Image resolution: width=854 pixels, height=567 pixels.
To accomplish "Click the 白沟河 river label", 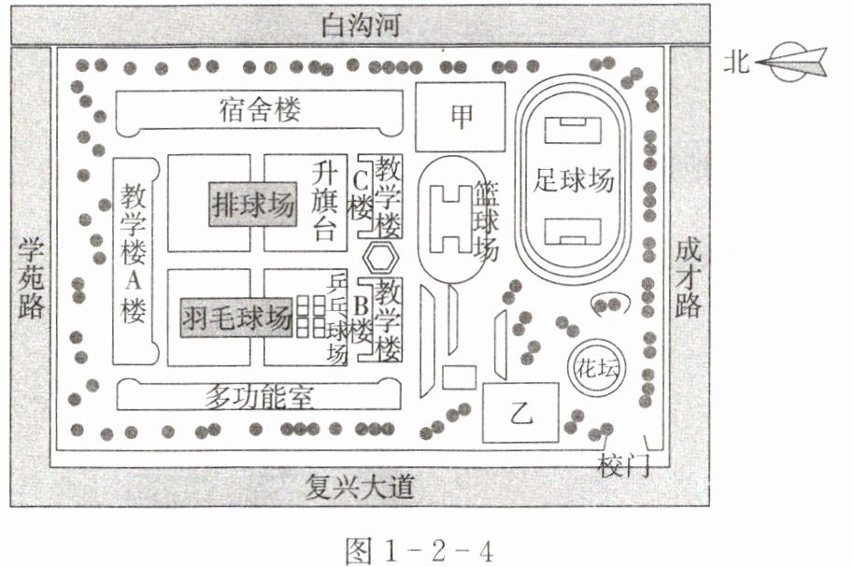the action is click(x=361, y=25).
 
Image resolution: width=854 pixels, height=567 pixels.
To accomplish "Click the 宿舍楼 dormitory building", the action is click(x=262, y=112).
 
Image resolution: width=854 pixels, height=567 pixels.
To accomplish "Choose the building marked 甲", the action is click(x=461, y=116).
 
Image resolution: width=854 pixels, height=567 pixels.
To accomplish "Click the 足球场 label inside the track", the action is click(x=575, y=179).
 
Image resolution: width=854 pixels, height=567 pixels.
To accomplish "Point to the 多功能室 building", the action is click(x=259, y=396).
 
